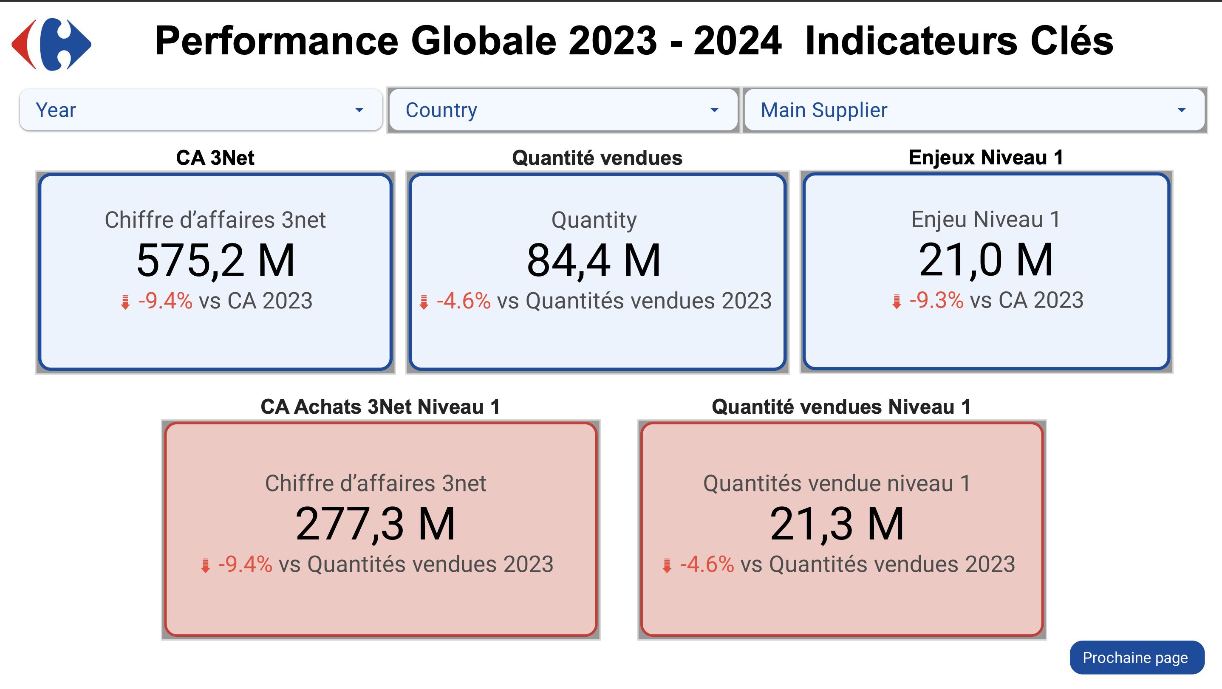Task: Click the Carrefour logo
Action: pos(51,45)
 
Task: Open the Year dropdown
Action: pos(201,110)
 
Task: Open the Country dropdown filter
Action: pos(563,110)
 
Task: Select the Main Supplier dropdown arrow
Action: pos(1181,110)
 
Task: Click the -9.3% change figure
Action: pos(936,300)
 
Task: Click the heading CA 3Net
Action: pos(215,158)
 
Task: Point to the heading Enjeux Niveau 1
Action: pos(986,158)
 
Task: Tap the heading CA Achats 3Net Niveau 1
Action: pos(380,407)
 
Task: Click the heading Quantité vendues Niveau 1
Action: pos(841,407)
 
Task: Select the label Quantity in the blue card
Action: pos(594,220)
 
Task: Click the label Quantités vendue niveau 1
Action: pos(837,483)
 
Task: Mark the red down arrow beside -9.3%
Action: pos(897,302)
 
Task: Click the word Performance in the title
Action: pos(277,41)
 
